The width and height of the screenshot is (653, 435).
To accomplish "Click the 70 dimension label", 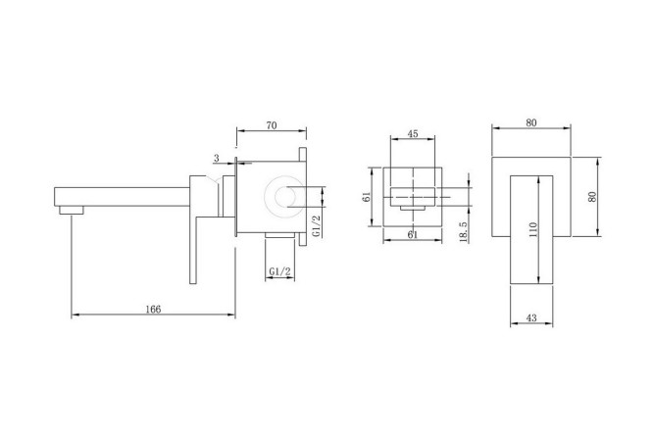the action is tap(272, 124).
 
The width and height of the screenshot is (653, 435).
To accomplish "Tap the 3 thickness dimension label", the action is tap(216, 158).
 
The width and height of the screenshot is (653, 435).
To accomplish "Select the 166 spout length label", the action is tap(153, 309).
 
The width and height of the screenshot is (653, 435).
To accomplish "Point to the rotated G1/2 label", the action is tap(318, 226).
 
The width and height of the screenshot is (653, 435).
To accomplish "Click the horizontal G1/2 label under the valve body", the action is tap(280, 271).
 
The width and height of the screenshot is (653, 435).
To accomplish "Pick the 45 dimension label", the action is tap(413, 133).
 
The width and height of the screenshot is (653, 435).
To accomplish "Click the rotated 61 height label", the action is tap(367, 197).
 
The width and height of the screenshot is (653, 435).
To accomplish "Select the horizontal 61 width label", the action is tap(412, 235).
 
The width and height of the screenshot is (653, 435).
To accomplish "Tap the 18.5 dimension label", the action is tap(464, 231).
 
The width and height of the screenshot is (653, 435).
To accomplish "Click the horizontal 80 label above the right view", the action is tap(531, 122).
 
